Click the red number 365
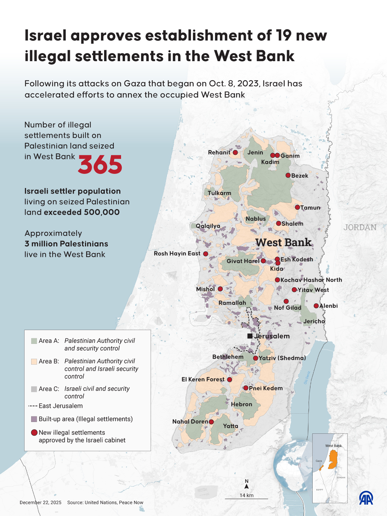pyautogui.click(x=100, y=165)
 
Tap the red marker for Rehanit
pyautogui.click(x=235, y=152)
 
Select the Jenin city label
pyautogui.click(x=255, y=152)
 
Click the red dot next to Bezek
pyautogui.click(x=288, y=175)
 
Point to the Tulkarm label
pyautogui.click(x=219, y=193)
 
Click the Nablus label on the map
pyautogui.click(x=256, y=219)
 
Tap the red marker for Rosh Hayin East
pyautogui.click(x=206, y=254)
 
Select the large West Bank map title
pyautogui.click(x=283, y=243)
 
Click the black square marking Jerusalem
pyautogui.click(x=250, y=336)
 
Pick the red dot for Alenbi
pyautogui.click(x=316, y=306)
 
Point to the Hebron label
pyautogui.click(x=242, y=404)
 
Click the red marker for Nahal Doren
pyautogui.click(x=211, y=422)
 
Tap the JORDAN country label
pyautogui.click(x=360, y=227)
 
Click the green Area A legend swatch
pyautogui.click(x=34, y=341)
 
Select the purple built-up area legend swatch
pyautogui.click(x=34, y=419)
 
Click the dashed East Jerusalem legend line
pyautogui.click(x=33, y=406)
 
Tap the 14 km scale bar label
pyautogui.click(x=246, y=495)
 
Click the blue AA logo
pyautogui.click(x=366, y=498)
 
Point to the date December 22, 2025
pyautogui.click(x=40, y=503)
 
